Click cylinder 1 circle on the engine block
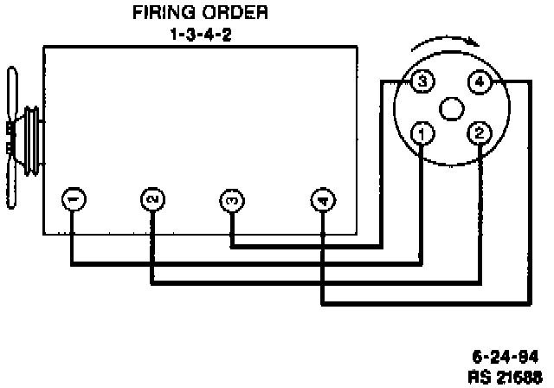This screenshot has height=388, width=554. coord(73,200)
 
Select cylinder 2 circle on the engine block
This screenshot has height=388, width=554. coord(151,200)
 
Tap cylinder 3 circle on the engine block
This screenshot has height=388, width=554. coord(231,200)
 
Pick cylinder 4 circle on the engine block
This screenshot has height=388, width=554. coord(322,201)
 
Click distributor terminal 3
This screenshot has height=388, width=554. coord(422,82)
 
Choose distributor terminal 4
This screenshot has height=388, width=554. coord(479,82)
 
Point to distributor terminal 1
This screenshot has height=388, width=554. coord(422,133)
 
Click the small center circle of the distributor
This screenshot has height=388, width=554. coord(450,108)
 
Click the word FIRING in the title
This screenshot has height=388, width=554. coord(161,13)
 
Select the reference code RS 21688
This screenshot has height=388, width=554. coord(504,376)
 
